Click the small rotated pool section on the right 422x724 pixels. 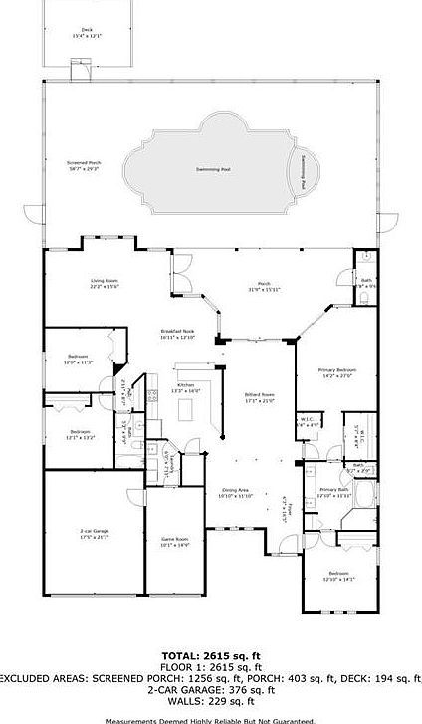tap(307, 172)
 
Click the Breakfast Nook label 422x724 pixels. tap(177, 335)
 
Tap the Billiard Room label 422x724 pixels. tap(260, 399)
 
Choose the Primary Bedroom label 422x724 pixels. tap(337, 373)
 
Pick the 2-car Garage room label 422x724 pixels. tap(95, 535)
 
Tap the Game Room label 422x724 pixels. tap(175, 541)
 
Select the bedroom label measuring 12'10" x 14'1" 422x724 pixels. tap(339, 576)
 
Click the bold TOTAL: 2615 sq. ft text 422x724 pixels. tap(211, 655)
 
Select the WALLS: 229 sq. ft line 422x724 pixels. tap(211, 699)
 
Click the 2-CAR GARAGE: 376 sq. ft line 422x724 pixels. tap(211, 688)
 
